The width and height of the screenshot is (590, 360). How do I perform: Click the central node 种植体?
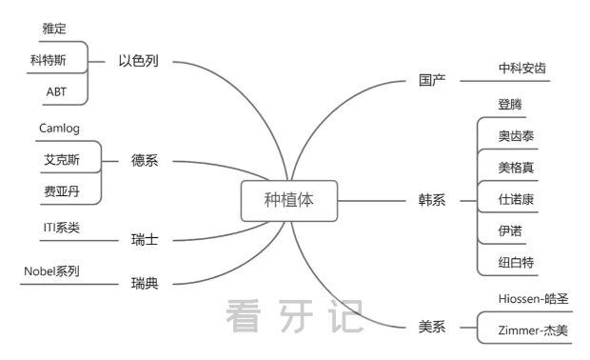pyautogui.click(x=288, y=200)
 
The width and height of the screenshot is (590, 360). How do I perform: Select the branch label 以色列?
pyautogui.click(x=138, y=61)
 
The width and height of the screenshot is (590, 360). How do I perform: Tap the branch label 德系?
pyautogui.click(x=145, y=159)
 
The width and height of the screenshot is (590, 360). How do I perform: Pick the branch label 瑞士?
pyautogui.click(x=145, y=238)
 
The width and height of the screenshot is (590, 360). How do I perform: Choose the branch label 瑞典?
pyautogui.click(x=145, y=283)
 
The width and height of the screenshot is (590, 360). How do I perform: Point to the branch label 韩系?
pyautogui.click(x=433, y=201)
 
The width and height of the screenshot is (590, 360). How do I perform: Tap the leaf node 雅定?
pyautogui.click(x=53, y=30)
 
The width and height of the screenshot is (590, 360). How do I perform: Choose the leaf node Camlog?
pyautogui.click(x=59, y=129)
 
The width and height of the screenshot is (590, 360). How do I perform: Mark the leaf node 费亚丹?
pyautogui.click(x=61, y=190)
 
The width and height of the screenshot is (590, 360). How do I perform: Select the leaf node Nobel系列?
pyautogui.click(x=51, y=271)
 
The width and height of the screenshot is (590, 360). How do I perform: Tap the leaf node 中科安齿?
pyautogui.click(x=521, y=70)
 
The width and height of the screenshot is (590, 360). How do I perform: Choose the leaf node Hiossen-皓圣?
pyautogui.click(x=533, y=299)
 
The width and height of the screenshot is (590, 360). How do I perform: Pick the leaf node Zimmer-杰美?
pyautogui.click(x=532, y=330)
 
